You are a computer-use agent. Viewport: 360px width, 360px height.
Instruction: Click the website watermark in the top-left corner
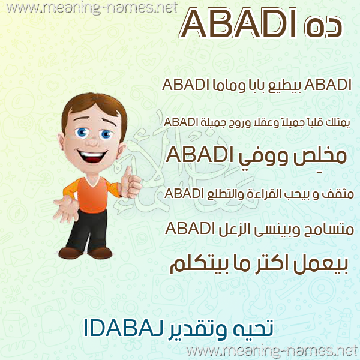(92, 8)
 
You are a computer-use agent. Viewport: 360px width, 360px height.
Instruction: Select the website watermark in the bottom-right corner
(272, 351)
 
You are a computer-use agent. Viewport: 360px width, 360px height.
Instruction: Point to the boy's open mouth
(91, 155)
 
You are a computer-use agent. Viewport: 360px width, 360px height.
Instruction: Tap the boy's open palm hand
(67, 208)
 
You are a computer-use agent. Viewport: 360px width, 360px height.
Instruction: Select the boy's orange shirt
(92, 194)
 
